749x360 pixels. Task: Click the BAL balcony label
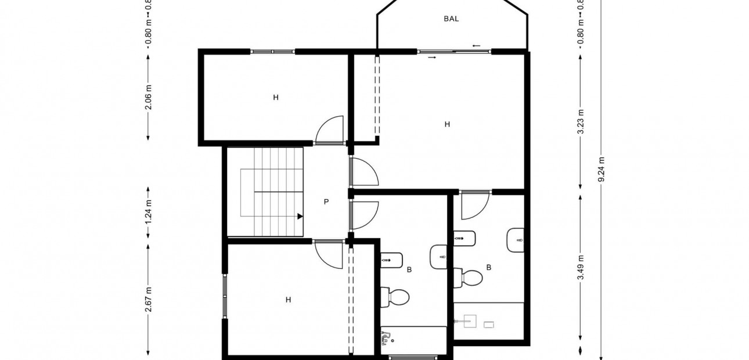click(x=451, y=19)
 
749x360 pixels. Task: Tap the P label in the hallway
click(x=326, y=202)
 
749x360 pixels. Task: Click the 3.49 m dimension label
click(x=581, y=268)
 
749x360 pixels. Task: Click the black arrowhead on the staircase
click(x=300, y=216)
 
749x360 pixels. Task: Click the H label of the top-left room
click(x=276, y=98)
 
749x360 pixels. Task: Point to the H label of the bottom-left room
click(x=288, y=300)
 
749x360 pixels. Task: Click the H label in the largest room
click(x=447, y=124)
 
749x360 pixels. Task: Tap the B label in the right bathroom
click(x=489, y=268)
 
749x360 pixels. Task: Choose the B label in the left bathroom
click(x=409, y=269)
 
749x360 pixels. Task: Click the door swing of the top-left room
click(x=329, y=129)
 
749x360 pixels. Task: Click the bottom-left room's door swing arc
click(x=328, y=255)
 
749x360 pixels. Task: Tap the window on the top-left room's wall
click(x=273, y=52)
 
